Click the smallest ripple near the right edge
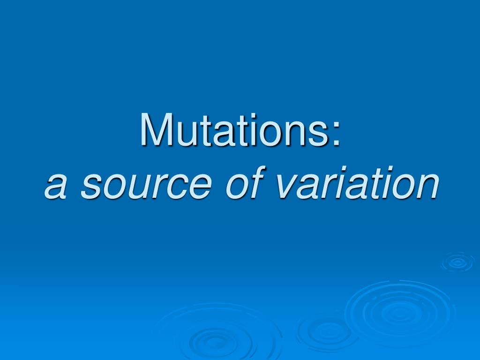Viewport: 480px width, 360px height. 457,262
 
